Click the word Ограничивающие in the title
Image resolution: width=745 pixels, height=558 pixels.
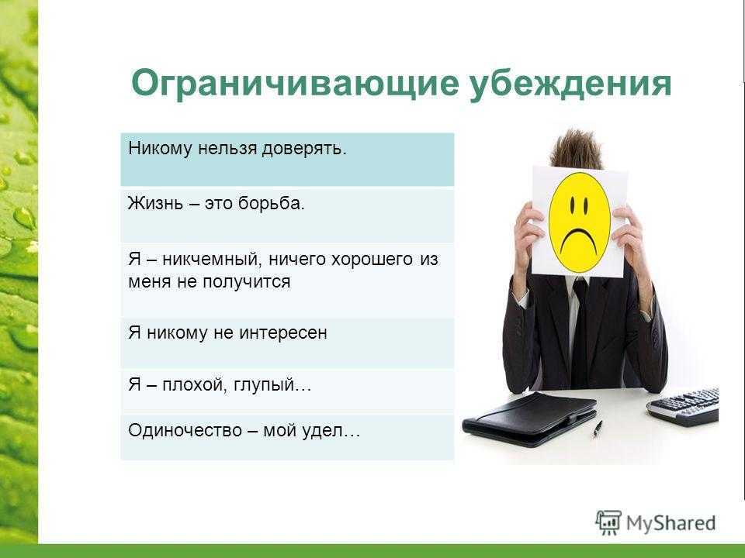(x=295, y=84)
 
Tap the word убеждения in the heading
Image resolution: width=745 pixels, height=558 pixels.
(x=570, y=84)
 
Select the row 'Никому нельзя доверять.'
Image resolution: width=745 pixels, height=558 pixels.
(x=287, y=160)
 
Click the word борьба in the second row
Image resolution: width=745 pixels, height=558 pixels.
(x=269, y=203)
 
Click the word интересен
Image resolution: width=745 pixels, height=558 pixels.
(x=283, y=332)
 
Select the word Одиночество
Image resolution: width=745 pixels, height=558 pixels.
(x=185, y=430)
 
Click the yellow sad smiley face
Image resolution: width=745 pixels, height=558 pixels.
(x=579, y=223)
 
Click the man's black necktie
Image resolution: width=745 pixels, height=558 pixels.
(x=580, y=332)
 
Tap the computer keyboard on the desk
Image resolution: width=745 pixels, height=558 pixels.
(x=683, y=406)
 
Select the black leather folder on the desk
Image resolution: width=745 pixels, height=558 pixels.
(x=528, y=419)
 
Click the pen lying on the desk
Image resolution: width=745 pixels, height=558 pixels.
(x=598, y=429)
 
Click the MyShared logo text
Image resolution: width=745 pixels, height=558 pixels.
(x=670, y=523)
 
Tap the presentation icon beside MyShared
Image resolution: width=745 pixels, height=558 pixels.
(x=608, y=522)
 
